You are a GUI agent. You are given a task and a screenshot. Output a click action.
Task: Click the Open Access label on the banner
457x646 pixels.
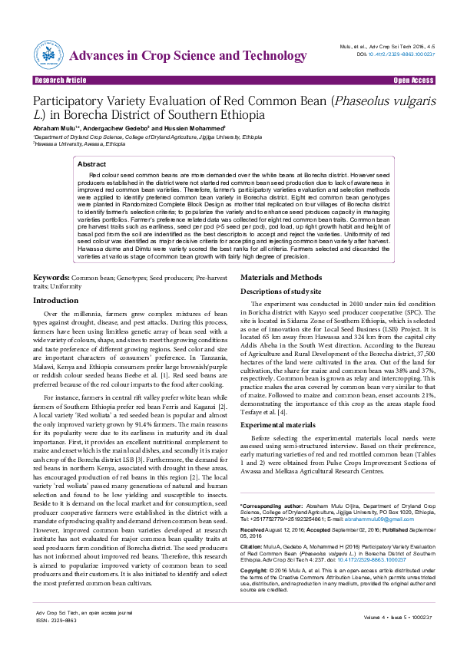(x=413, y=80)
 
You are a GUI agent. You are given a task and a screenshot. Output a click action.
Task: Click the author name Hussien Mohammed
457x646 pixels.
(x=194, y=127)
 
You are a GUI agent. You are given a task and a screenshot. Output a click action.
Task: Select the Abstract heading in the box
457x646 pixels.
(x=92, y=164)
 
